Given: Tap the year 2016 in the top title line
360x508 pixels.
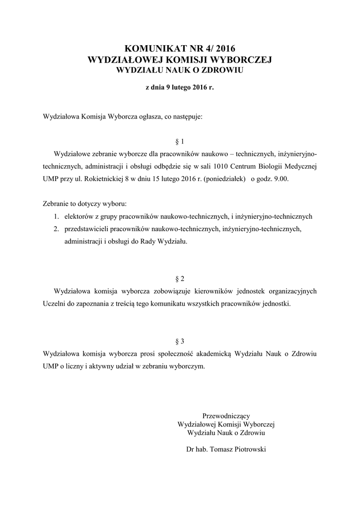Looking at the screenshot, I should [223, 49].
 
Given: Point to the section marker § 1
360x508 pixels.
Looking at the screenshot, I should [180, 141].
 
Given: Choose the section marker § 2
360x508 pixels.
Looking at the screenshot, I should [180, 278].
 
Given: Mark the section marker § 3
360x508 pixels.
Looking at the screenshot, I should [180, 341].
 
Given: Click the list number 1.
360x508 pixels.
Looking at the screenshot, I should [57, 217].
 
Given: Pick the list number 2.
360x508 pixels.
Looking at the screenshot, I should [57, 229].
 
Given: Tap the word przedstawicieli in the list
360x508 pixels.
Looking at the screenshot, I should [85, 229].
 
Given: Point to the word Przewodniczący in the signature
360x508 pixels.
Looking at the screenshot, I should [226, 416].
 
